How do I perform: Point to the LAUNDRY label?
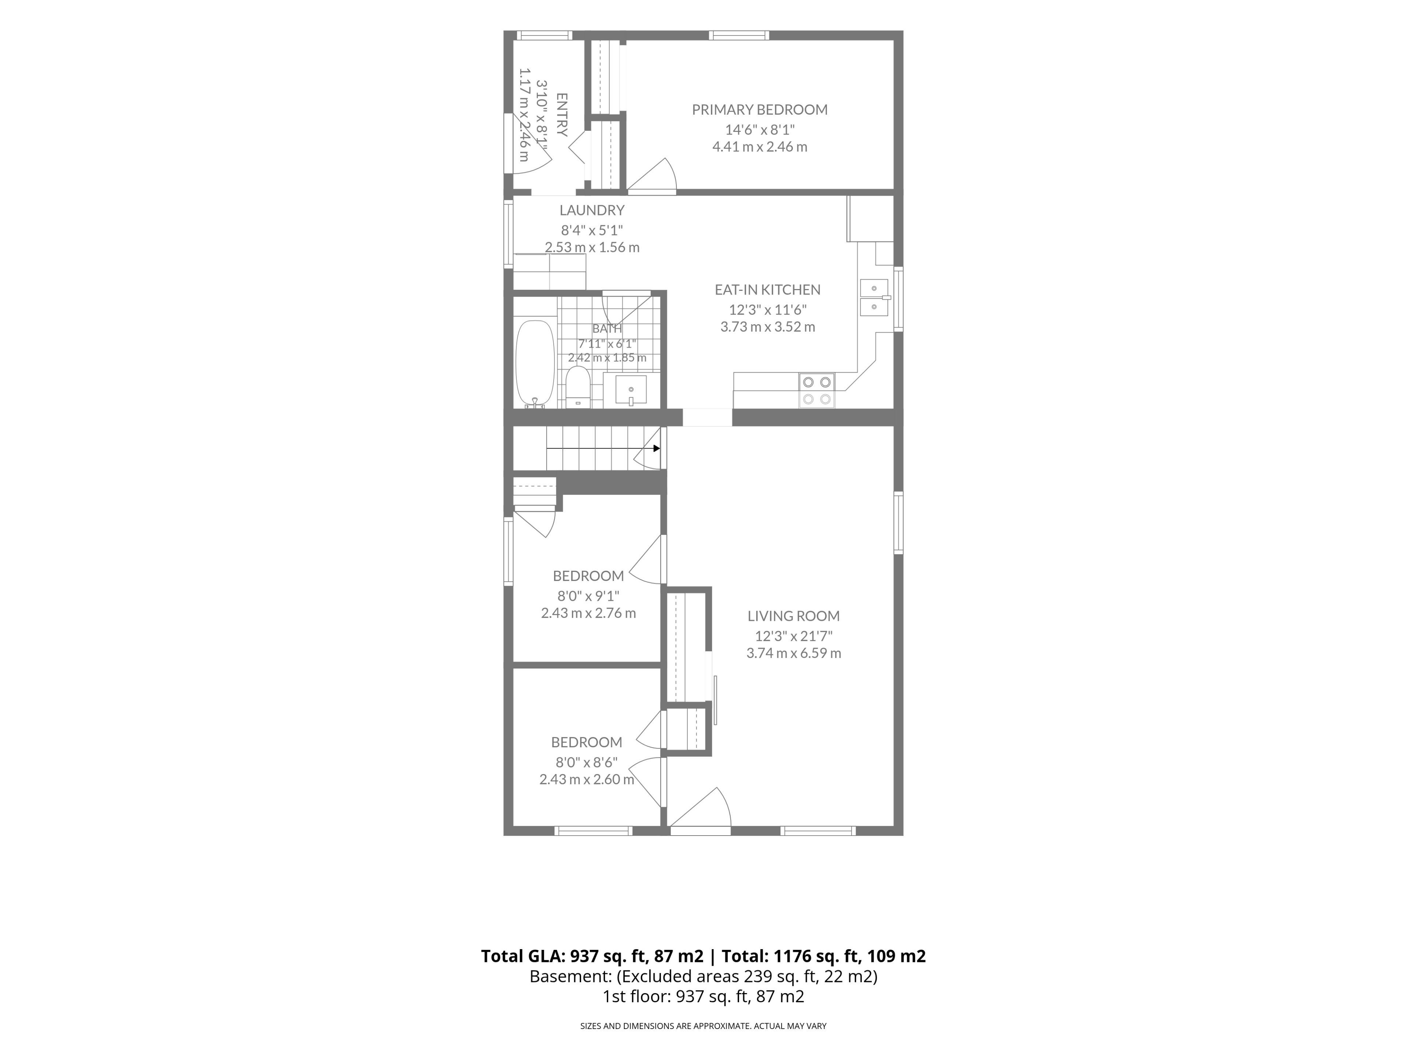(x=591, y=210)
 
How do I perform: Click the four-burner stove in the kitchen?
(x=817, y=390)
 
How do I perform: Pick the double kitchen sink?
(x=875, y=297)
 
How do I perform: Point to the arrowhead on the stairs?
(x=657, y=448)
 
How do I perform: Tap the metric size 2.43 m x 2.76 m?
(x=588, y=613)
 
